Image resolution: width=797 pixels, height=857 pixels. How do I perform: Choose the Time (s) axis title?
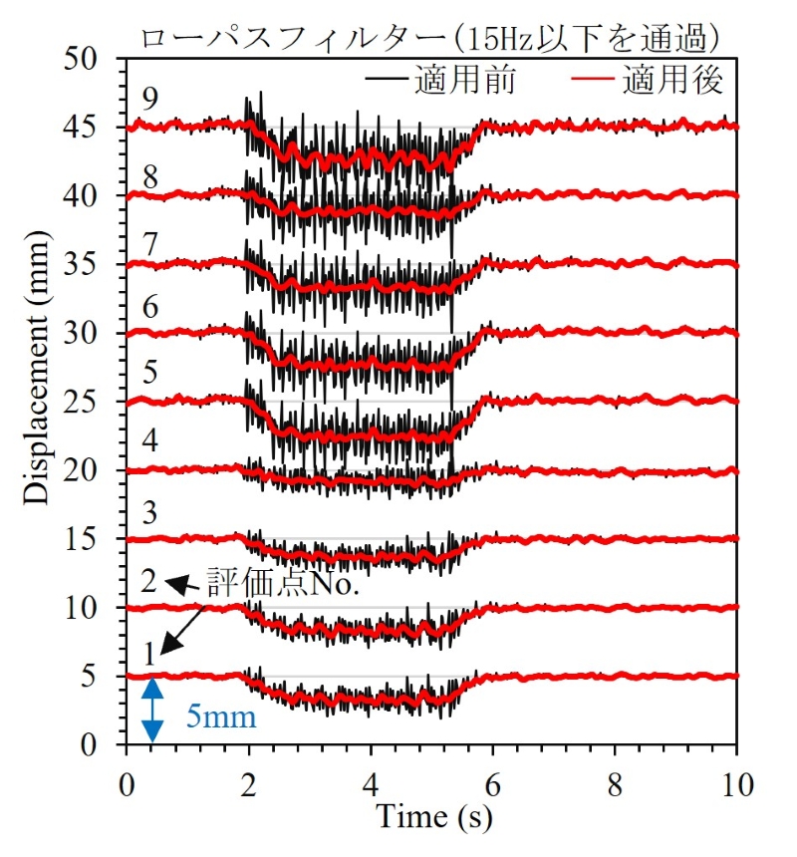click(433, 817)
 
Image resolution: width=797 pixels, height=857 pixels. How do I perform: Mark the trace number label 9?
click(149, 99)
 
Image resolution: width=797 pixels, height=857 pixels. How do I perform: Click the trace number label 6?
click(149, 306)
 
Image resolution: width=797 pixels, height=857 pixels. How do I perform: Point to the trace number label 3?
click(149, 513)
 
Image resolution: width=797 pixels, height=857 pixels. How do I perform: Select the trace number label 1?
click(149, 654)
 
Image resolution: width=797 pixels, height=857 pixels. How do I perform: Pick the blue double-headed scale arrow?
click(152, 710)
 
